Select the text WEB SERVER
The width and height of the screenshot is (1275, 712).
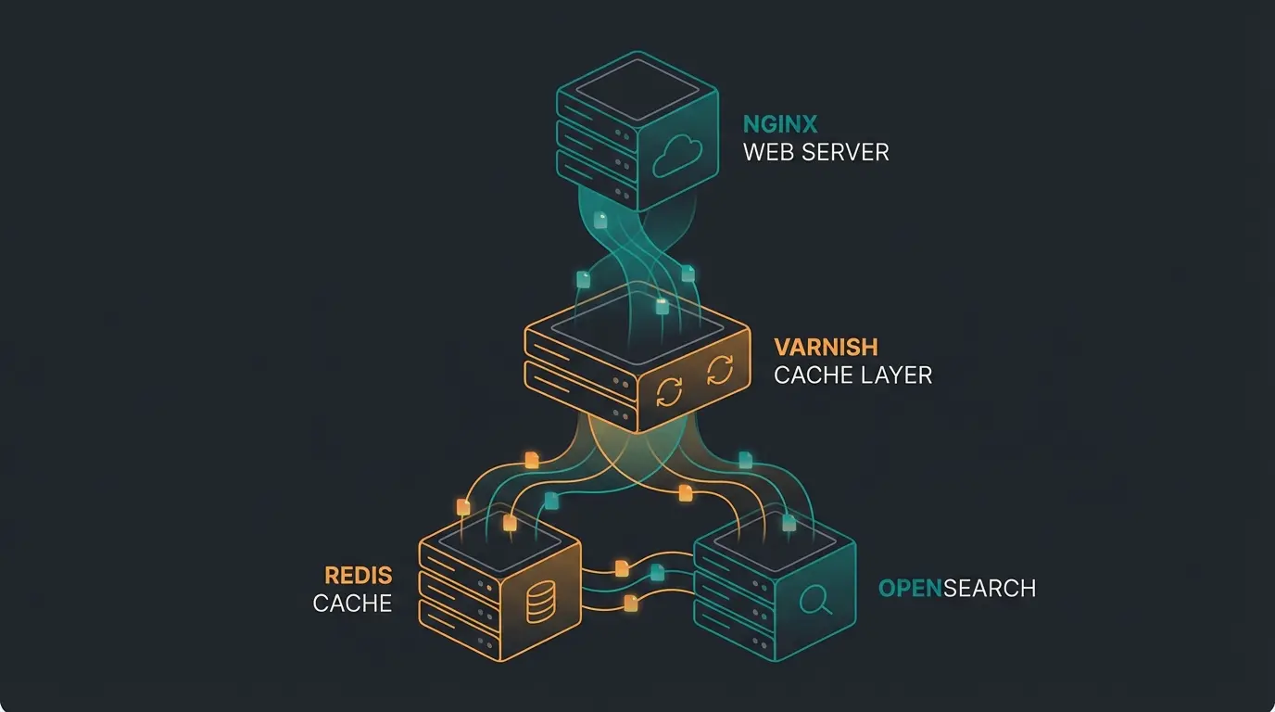(815, 152)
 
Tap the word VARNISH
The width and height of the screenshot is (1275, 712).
(826, 348)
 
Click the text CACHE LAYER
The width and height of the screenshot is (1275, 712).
(852, 375)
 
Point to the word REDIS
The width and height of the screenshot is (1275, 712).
(359, 575)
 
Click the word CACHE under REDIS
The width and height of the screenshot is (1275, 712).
(352, 604)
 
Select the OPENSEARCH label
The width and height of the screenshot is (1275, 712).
(956, 588)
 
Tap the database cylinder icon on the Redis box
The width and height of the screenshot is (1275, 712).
(539, 605)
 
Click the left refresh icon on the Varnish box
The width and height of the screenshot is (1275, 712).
(668, 391)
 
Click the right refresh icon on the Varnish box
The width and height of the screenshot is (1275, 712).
(719, 371)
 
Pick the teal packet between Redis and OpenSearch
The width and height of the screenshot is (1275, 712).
(657, 572)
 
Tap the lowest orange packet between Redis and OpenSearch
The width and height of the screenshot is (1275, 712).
(631, 603)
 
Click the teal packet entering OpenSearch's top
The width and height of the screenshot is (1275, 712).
(789, 523)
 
